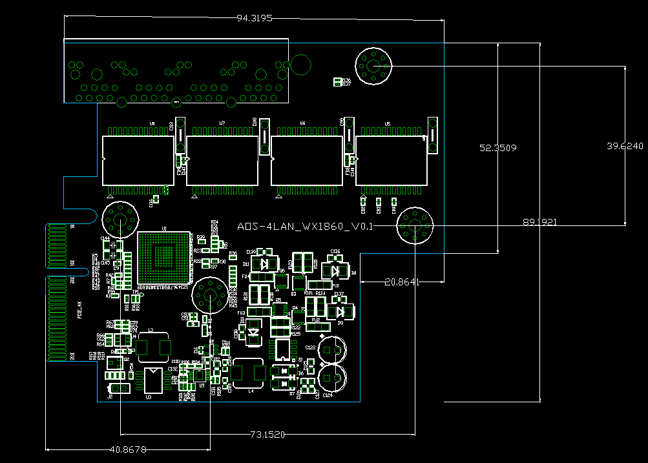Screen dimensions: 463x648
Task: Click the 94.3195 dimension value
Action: pos(255,18)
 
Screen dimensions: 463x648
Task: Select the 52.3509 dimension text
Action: pos(497,148)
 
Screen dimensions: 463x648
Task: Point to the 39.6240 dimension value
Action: pos(625,146)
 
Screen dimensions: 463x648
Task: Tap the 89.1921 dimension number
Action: pos(539,222)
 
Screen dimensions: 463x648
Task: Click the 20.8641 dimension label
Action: pos(402,282)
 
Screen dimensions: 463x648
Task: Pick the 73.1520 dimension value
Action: pos(267,435)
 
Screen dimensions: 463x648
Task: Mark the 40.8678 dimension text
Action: pos(128,449)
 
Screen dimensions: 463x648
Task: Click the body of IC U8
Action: pos(138,159)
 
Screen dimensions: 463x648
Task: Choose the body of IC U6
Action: pos(307,159)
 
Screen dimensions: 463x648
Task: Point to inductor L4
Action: pos(249,373)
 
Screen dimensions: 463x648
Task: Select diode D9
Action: pos(340,312)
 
